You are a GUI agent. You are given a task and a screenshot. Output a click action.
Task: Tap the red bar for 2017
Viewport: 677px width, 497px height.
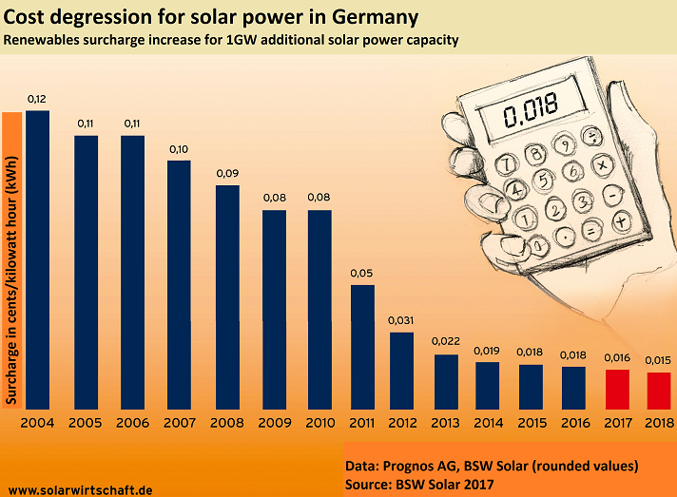tap(618, 388)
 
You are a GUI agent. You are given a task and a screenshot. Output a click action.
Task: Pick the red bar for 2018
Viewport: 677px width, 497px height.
tap(658, 390)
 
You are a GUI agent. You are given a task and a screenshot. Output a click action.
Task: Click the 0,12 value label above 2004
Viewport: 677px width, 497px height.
tap(37, 99)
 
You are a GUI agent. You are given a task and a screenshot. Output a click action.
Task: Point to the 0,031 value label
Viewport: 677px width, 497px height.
tap(401, 319)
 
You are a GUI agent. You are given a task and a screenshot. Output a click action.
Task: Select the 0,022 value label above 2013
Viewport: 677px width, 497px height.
tap(445, 341)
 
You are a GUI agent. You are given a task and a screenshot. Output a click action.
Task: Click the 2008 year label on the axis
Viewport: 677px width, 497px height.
tap(227, 423)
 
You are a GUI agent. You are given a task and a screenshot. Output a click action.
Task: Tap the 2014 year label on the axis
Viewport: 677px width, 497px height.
tap(488, 423)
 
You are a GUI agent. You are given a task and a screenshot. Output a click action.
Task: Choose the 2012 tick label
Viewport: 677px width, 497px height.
tap(401, 423)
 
